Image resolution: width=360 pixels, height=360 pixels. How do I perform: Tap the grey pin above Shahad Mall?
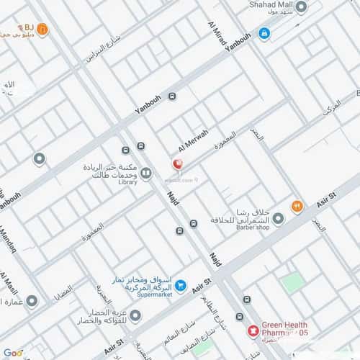point(301,7)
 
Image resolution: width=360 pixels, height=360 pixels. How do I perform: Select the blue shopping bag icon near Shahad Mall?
point(264,33)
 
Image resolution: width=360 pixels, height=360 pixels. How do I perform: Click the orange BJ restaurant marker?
point(42,30)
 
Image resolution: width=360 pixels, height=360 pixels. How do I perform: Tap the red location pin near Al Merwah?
point(177,165)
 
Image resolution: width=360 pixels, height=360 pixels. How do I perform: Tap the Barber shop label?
point(248,227)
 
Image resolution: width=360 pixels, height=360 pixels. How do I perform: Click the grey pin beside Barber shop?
point(278,218)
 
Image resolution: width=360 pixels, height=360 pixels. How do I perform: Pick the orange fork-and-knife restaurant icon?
point(297,207)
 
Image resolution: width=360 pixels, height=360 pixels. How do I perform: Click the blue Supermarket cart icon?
point(181,286)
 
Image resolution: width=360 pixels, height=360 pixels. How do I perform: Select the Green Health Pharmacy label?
point(284,328)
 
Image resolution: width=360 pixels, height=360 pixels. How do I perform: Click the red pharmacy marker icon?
point(253,330)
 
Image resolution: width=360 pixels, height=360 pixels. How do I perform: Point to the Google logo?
point(13,353)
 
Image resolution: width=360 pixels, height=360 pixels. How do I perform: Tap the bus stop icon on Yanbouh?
point(172,96)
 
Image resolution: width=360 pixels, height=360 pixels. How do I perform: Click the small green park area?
point(292,282)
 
